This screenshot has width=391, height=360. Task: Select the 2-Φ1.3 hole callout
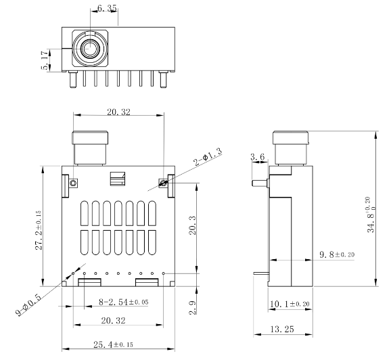208,157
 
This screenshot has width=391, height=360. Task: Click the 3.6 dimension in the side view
257,157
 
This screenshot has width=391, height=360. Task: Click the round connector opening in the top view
89,49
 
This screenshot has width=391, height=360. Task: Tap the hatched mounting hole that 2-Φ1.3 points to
162,182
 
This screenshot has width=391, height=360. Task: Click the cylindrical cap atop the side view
290,146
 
